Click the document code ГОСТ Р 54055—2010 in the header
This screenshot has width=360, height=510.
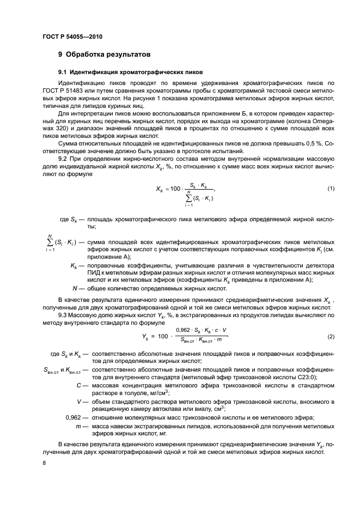[x=72, y=37]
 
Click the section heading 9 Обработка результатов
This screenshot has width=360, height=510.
[x=103, y=54]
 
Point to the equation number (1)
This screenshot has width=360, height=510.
[x=331, y=189]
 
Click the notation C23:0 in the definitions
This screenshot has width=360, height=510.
[x=309, y=378]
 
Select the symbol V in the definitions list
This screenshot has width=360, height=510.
[x=79, y=402]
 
